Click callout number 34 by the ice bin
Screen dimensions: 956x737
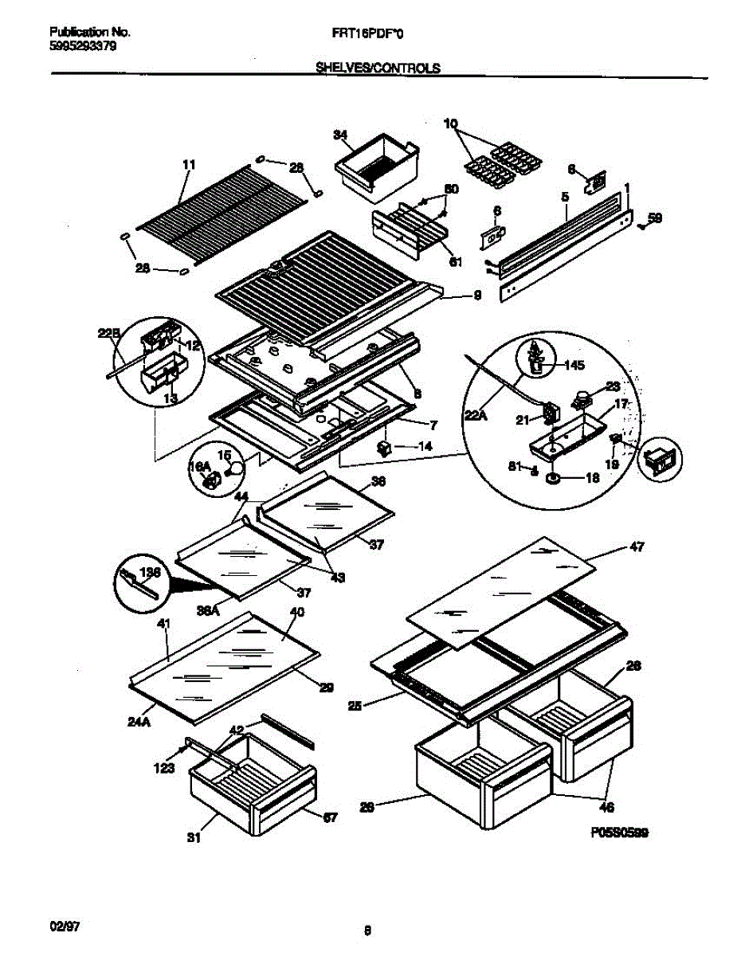click(x=340, y=136)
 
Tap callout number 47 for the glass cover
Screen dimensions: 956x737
click(x=637, y=547)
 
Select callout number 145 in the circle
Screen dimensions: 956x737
click(x=574, y=366)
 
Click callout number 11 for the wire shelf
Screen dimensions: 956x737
click(x=188, y=165)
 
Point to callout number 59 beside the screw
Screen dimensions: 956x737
click(x=654, y=217)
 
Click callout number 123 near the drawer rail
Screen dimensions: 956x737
click(x=163, y=769)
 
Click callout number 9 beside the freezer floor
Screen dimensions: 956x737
click(x=477, y=296)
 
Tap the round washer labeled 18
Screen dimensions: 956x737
click(x=551, y=479)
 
